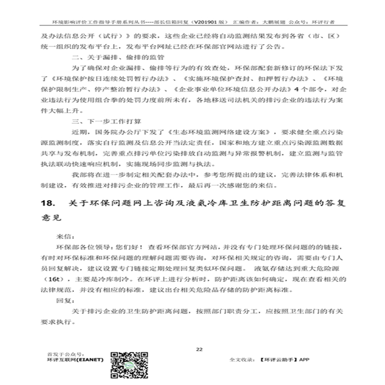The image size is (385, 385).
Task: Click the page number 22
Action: [x=198, y=350]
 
